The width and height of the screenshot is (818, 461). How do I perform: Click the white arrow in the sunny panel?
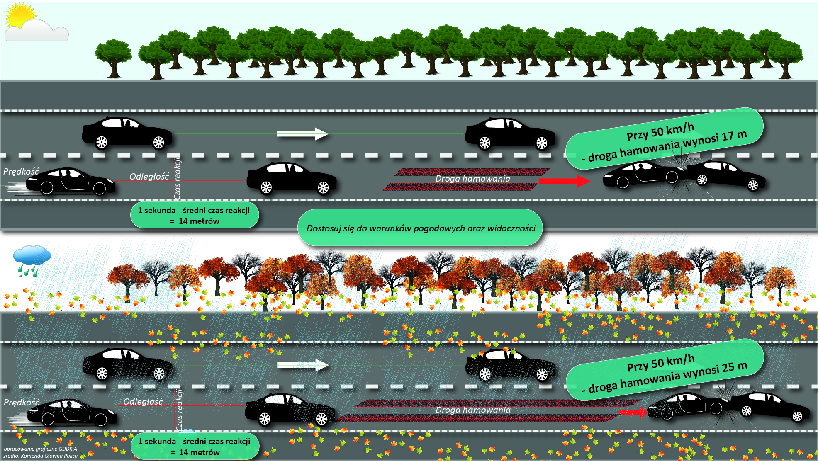point(302,133)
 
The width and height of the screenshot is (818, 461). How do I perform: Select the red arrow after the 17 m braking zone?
point(565,181)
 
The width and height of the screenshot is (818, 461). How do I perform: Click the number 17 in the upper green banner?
point(727,137)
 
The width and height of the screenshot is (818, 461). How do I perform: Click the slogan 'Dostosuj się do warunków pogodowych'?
point(420,228)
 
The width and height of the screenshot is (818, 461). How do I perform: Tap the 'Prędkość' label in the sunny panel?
point(21,172)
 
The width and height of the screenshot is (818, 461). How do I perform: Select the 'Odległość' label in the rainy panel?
point(143,401)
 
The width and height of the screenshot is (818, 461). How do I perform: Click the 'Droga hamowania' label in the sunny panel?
point(472,179)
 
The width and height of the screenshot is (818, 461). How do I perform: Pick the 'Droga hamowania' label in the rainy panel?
point(473,410)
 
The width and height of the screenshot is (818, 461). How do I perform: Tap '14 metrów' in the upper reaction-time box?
point(199,221)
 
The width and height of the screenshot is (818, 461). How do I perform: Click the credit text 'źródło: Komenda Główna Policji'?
point(41,456)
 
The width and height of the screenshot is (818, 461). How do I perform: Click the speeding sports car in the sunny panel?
point(71,182)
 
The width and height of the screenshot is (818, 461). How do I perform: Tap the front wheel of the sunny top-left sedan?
point(158,142)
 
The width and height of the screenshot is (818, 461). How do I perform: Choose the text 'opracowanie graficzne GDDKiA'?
point(41,449)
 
